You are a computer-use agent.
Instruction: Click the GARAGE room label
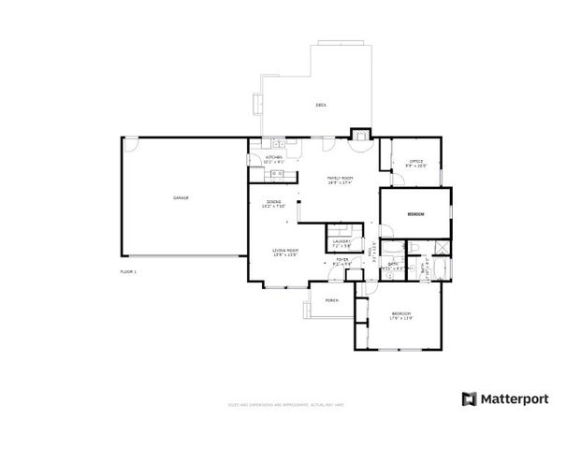(181, 198)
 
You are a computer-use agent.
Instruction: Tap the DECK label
(320, 105)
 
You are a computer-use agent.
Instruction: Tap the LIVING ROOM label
(284, 251)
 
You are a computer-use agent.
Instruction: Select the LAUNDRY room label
(341, 241)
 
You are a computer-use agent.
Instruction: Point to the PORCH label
(331, 300)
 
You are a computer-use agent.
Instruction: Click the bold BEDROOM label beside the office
(415, 214)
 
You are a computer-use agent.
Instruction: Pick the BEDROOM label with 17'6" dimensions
(401, 314)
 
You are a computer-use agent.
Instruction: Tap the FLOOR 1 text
(128, 271)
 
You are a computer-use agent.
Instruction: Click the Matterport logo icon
(469, 398)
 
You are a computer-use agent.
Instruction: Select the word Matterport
(516, 398)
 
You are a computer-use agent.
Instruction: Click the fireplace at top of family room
(360, 135)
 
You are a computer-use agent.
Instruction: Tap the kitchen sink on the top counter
(277, 143)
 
